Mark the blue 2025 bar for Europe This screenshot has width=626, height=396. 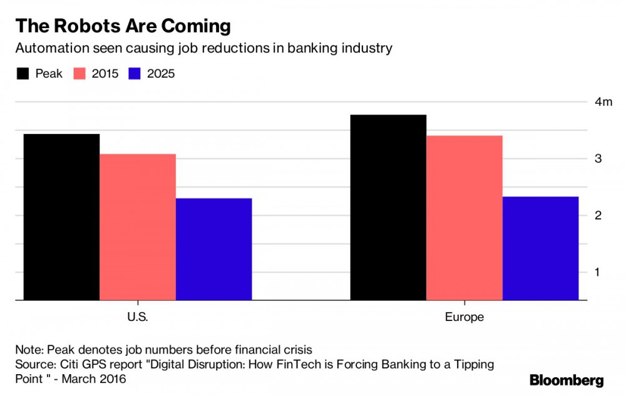click(540, 248)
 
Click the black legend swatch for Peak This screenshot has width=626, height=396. click(23, 74)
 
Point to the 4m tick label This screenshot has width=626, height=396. click(603, 102)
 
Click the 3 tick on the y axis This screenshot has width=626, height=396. click(598, 159)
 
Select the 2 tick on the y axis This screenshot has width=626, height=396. click(598, 215)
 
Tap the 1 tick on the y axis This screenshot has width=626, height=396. click(598, 272)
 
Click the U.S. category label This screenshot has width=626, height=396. click(137, 317)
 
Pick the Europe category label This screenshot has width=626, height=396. click(464, 317)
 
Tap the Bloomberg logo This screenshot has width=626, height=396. click(567, 380)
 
